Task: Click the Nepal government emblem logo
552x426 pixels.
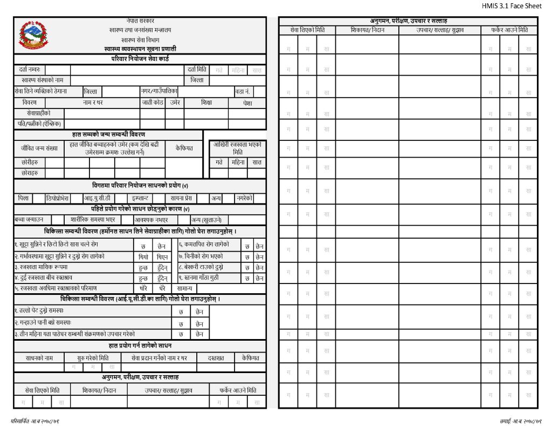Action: point(32,35)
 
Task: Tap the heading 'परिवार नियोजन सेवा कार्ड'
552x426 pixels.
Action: point(141,58)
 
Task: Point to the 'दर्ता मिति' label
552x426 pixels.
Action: point(197,69)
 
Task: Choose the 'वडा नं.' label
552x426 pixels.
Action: point(242,91)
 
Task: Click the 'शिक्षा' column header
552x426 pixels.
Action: point(206,103)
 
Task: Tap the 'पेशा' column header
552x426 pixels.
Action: point(247,103)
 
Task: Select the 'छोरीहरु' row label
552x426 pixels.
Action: point(30,162)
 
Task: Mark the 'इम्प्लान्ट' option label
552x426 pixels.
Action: point(144,198)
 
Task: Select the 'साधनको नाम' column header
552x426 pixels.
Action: point(39,357)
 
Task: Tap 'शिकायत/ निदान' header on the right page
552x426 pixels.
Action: point(367,30)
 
